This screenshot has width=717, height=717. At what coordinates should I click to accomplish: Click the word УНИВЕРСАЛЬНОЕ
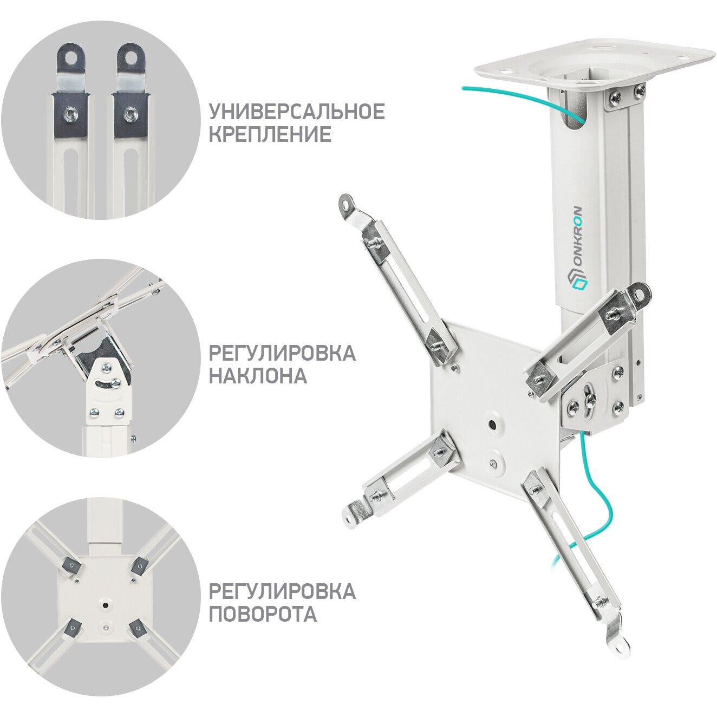297,112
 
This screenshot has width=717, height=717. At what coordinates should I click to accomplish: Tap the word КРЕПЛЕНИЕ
270,134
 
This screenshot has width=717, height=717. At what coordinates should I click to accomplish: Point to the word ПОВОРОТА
263,612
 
